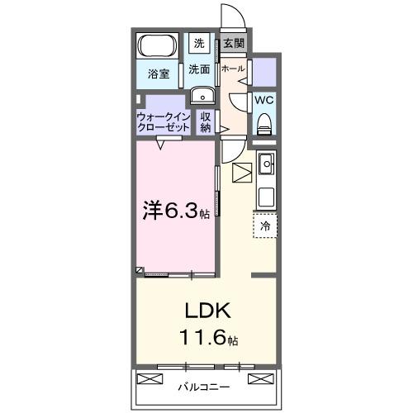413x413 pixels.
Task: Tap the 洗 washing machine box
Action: (x=199, y=43)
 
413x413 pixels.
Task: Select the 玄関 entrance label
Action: (x=234, y=43)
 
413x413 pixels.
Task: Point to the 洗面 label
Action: (x=199, y=69)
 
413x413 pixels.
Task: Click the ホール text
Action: (x=232, y=69)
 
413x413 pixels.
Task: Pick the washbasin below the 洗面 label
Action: (x=201, y=96)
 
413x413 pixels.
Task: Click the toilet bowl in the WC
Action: (x=263, y=125)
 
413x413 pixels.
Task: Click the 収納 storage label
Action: (x=206, y=122)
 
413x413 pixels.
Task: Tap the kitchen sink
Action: (x=266, y=166)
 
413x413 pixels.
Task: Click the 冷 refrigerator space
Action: (x=265, y=225)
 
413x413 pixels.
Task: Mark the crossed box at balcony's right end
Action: (x=259, y=380)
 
